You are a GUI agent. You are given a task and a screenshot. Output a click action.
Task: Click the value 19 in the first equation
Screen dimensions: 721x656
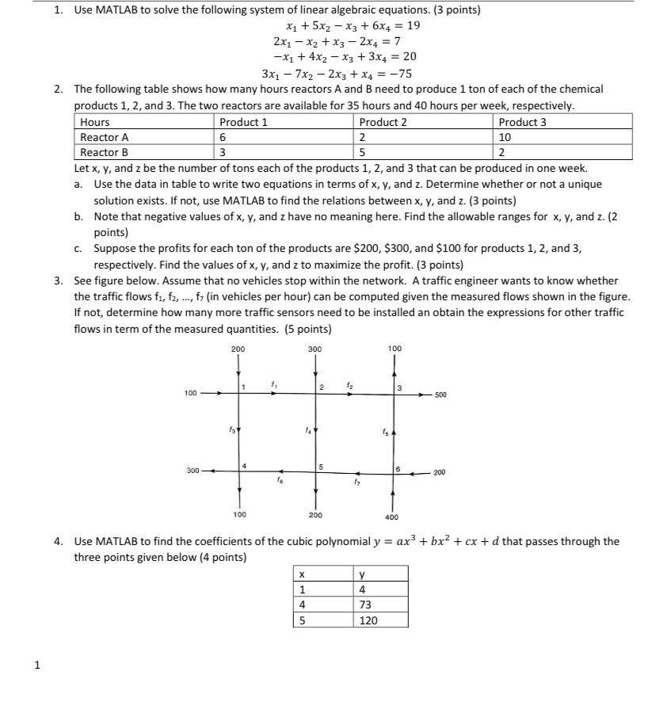413,25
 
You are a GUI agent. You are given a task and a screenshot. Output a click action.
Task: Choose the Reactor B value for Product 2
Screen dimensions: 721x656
362,152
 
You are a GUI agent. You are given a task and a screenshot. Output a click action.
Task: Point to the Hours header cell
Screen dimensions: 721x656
95,122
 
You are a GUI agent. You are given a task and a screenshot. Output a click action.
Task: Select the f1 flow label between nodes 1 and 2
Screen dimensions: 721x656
274,383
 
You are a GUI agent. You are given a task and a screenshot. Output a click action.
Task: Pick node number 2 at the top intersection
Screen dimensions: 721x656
322,386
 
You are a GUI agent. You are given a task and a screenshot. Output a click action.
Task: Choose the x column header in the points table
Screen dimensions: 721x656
300,574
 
